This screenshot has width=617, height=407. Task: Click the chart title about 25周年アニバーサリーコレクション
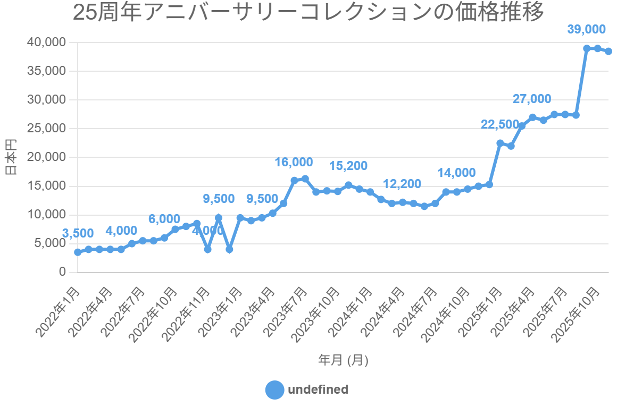[308, 13]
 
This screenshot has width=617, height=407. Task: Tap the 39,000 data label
[586, 29]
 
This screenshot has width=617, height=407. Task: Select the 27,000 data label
[532, 99]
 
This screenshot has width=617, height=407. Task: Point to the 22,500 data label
[499, 124]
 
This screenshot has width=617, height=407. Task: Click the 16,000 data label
[294, 162]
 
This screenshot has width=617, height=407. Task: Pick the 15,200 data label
[348, 166]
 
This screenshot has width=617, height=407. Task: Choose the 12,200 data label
[402, 184]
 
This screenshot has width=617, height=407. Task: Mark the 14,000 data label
[456, 173]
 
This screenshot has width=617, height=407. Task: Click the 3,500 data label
[78, 233]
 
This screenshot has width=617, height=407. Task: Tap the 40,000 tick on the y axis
[47, 42]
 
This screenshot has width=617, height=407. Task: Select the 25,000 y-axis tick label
[47, 129]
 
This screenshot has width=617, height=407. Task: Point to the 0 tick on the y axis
[62, 272]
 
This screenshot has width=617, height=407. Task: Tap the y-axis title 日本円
[10, 157]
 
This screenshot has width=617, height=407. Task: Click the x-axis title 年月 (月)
[343, 360]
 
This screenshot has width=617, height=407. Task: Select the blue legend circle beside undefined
[275, 389]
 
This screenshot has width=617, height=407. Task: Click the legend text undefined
[318, 389]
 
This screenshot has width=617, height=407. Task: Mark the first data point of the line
[78, 252]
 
